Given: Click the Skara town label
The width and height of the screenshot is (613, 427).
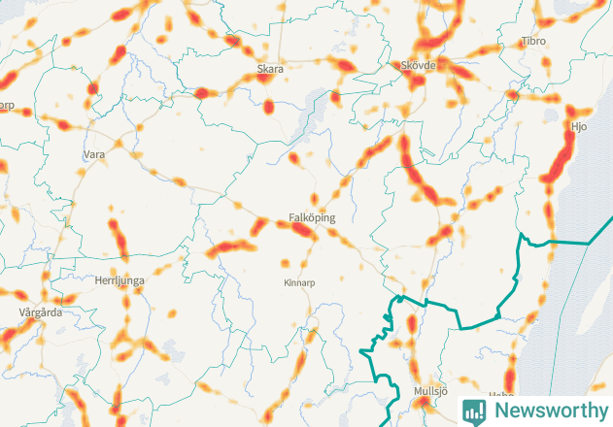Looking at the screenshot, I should coord(269,70).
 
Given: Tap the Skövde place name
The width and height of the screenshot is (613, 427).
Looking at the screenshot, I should coord(419,66).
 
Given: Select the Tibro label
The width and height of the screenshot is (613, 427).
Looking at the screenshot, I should coord(532,42).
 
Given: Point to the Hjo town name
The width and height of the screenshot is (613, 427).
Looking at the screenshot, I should coord(579,126).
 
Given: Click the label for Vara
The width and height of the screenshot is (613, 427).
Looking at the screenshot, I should coord(94,154).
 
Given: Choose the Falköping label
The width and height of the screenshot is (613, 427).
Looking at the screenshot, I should coord(311,218).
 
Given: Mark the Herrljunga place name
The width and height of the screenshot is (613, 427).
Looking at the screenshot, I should coord(119,280).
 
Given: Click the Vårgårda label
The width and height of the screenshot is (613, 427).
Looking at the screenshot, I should coord(40,313).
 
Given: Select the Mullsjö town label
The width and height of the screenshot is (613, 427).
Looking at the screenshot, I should coord(428,391).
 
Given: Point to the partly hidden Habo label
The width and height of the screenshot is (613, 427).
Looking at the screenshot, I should coord(500,395).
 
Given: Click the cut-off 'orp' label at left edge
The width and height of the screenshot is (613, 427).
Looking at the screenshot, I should coord(7,107).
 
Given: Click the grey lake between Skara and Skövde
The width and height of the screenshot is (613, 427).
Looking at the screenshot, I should coord(315,105).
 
